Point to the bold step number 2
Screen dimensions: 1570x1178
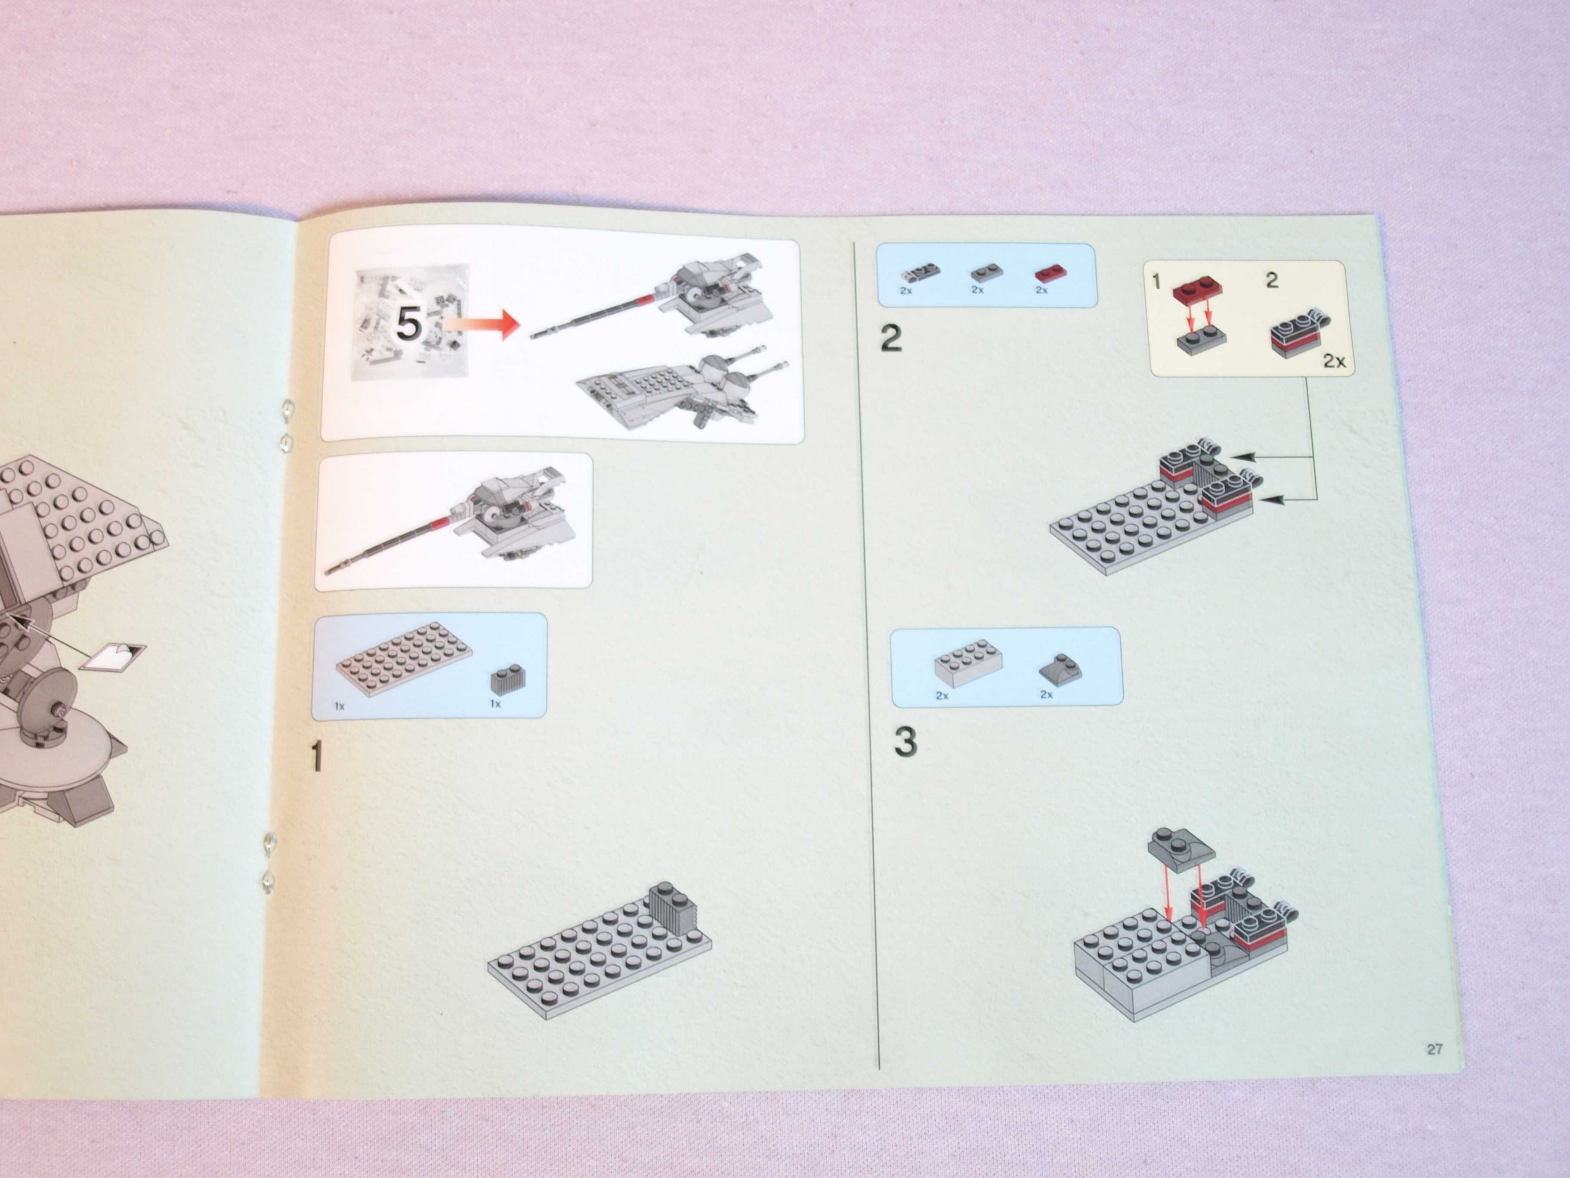tap(891, 338)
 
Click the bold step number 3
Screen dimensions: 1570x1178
tap(905, 742)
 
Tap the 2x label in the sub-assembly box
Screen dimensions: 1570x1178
tap(1334, 361)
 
